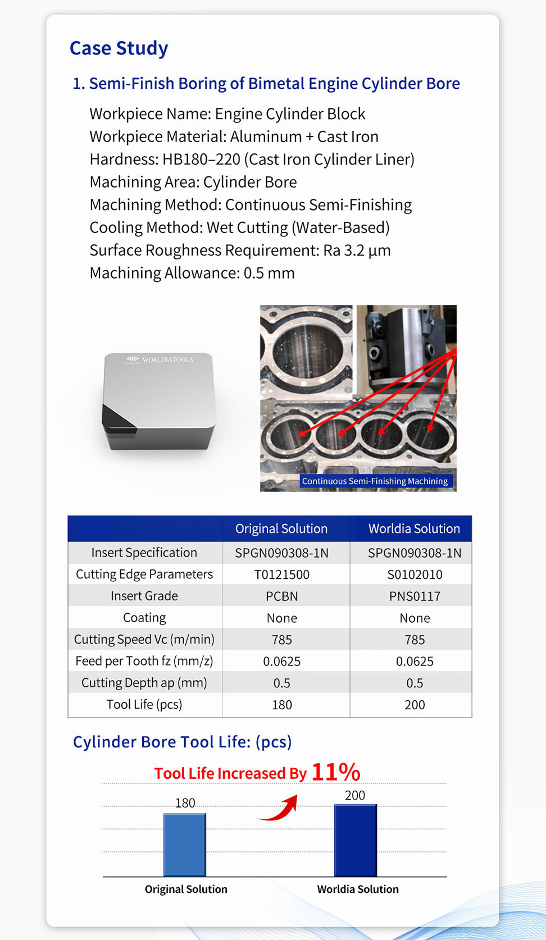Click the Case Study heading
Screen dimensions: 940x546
[x=119, y=48]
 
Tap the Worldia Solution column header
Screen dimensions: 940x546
[x=414, y=528]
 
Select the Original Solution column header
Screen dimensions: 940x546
[x=281, y=528]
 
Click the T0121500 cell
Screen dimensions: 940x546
[x=281, y=574]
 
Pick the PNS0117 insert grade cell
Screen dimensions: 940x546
[x=415, y=596]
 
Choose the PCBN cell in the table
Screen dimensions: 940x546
[x=281, y=596]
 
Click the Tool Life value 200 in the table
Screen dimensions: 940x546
[x=415, y=705]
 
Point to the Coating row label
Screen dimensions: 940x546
[x=144, y=618]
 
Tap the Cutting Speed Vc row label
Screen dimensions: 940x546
[x=144, y=639]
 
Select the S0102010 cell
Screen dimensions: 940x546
[x=415, y=574]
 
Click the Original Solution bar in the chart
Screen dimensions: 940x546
[x=185, y=845]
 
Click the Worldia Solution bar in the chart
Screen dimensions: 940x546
[x=356, y=840]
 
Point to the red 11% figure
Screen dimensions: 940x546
[x=335, y=772]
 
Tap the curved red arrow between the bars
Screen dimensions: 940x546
[x=280, y=809]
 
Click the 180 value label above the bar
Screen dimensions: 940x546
[x=185, y=803]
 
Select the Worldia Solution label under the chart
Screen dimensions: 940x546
[x=358, y=889]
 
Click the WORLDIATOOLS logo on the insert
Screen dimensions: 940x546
[x=160, y=359]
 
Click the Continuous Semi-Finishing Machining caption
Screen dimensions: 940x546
[x=375, y=481]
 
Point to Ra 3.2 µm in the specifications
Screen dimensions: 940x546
[x=357, y=250]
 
